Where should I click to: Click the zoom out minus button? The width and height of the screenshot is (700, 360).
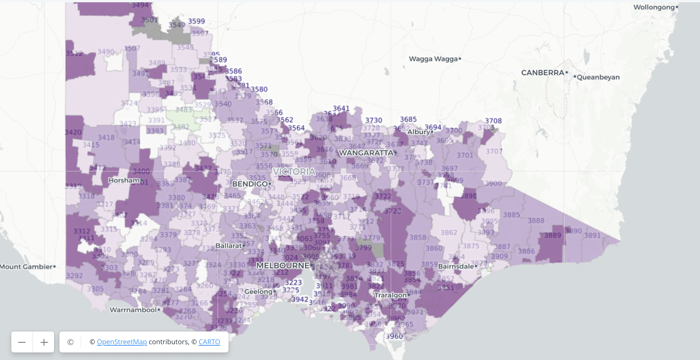pyautogui.click(x=22, y=342)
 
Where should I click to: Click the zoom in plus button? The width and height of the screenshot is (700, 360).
pyautogui.click(x=44, y=342)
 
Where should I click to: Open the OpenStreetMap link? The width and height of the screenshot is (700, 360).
pyautogui.click(x=122, y=342)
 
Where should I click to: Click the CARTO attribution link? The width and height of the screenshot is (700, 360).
pyautogui.click(x=209, y=342)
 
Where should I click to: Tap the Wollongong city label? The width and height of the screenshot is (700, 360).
pyautogui.click(x=654, y=7)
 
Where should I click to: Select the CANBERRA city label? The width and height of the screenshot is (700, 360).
pyautogui.click(x=542, y=73)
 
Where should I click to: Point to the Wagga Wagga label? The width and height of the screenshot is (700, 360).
pyautogui.click(x=433, y=59)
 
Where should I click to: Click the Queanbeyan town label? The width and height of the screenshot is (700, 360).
pyautogui.click(x=598, y=77)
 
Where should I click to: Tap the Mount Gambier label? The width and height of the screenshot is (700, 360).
pyautogui.click(x=26, y=267)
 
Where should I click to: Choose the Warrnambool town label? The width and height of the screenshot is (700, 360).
pyautogui.click(x=133, y=310)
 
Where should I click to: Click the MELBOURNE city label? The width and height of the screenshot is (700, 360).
pyautogui.click(x=283, y=266)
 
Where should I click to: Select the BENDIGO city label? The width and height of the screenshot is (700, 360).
pyautogui.click(x=250, y=184)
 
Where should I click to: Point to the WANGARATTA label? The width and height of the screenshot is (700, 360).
pyautogui.click(x=366, y=153)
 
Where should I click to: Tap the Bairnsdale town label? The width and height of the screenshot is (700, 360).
pyautogui.click(x=456, y=266)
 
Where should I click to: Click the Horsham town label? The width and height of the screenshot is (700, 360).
pyautogui.click(x=124, y=180)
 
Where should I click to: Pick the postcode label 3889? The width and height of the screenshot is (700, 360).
pyautogui.click(x=553, y=236)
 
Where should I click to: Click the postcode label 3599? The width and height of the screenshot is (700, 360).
pyautogui.click(x=197, y=21)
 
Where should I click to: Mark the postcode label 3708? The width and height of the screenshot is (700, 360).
pyautogui.click(x=493, y=121)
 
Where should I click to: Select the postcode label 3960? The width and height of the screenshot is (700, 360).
pyautogui.click(x=394, y=336)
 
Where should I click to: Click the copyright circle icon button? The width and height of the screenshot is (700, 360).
pyautogui.click(x=70, y=342)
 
